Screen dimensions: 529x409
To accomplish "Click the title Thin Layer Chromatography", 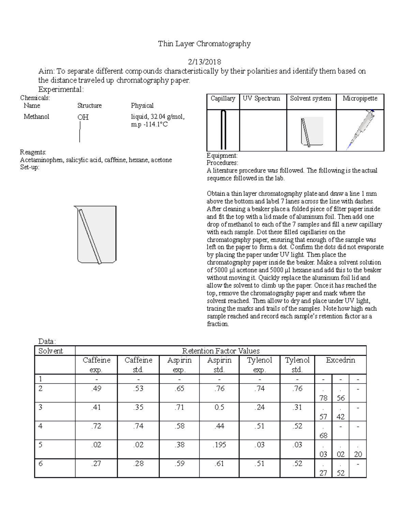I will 204,44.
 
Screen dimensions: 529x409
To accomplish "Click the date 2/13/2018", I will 204,62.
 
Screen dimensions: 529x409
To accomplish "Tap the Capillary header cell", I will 223,98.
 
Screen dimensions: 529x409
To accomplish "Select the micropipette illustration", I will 361,130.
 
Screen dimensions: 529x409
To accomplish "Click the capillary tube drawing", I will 223,130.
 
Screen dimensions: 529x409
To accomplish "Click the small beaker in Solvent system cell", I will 312,132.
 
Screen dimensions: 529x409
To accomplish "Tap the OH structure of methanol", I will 83,117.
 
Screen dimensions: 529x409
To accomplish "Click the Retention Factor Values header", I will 221,351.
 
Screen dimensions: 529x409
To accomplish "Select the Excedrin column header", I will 340,360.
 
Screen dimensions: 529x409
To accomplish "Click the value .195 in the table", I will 219,445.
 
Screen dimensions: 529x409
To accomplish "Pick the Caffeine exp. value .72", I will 96,426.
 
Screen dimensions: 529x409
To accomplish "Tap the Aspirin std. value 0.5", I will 219,407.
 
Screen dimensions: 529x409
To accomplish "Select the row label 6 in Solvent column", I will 41,463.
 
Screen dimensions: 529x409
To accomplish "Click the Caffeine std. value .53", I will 138,388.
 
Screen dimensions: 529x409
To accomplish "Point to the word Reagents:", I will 33,152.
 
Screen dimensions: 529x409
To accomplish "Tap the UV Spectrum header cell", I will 261,98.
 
